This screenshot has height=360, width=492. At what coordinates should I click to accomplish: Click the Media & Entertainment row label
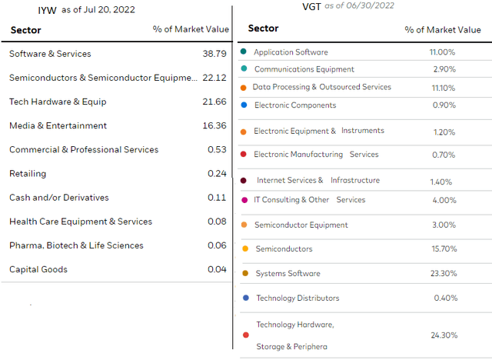pos(58,125)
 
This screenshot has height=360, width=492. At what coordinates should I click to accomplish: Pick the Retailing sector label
pos(28,174)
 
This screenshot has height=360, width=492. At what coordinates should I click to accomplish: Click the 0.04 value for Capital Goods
pos(217,269)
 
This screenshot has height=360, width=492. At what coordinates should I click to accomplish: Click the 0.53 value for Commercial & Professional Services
pos(217,149)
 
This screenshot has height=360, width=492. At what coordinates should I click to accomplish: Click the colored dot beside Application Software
pos(243,52)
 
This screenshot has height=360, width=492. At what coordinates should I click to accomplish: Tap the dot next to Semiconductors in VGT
pos(244,249)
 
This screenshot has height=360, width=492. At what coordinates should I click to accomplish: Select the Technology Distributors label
pos(298,298)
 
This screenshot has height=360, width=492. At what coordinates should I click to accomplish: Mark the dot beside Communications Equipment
pos(243,68)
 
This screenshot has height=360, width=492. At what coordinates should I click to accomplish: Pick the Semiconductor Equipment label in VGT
pos(301,225)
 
